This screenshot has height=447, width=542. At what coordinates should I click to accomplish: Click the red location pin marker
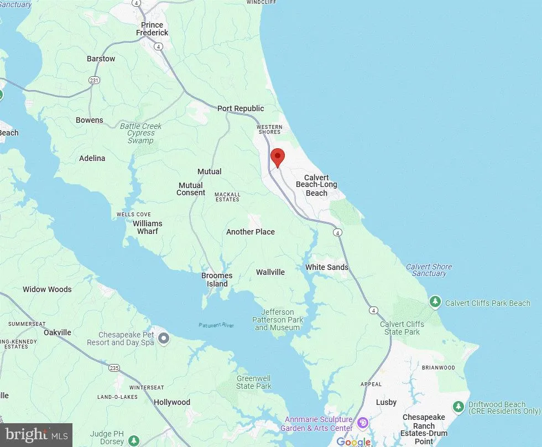coord(277,157)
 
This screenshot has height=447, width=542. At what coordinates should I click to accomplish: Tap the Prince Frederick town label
coord(152,29)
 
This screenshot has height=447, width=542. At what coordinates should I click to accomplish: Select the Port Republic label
coord(241,108)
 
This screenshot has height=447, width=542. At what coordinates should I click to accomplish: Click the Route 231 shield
coord(95,81)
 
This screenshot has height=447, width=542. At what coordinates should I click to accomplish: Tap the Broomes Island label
coord(217,280)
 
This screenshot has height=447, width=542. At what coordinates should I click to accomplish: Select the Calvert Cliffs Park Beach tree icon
coord(436,302)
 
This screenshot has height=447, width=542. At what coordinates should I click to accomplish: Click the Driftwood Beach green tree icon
coord(458,407)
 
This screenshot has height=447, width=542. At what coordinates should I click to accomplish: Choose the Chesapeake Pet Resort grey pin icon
coord(163,338)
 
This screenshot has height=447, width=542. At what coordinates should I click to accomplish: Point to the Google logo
coord(353,441)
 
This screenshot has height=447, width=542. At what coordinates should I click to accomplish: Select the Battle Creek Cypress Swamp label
coord(140,133)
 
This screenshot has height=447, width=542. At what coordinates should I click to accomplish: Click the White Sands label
coord(327,267)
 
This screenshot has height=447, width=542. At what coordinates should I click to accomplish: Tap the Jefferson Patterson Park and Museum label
coord(278,320)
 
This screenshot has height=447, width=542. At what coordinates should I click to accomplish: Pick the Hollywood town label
coord(171,402)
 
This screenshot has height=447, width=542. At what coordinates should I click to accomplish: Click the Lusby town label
coord(387,402)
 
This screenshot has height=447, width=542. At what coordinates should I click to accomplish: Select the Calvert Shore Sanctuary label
coord(429,270)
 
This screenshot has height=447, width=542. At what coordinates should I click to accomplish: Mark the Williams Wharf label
coord(147,227)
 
